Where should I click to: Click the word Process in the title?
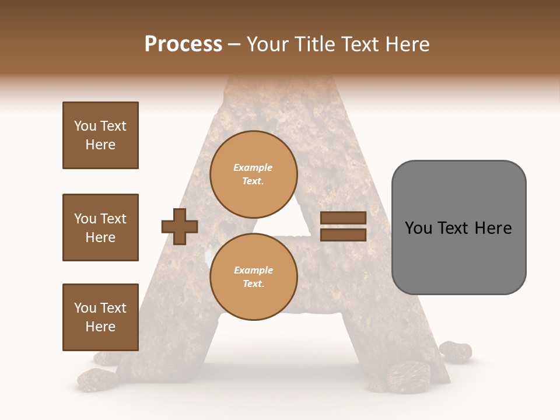[x=183, y=44]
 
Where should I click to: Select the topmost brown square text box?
[x=100, y=135]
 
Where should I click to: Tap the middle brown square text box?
[x=100, y=228]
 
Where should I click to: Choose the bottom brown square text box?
[x=100, y=317]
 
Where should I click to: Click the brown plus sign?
[x=180, y=226]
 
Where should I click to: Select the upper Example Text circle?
[x=253, y=174]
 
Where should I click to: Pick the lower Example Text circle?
[x=253, y=276]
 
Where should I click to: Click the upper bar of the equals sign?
[x=343, y=218]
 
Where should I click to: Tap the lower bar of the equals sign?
[x=343, y=235]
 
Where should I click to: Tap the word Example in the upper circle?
[x=253, y=167]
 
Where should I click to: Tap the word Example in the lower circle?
[x=253, y=270]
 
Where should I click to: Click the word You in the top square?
[x=85, y=126]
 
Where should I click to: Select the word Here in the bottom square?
[x=100, y=327]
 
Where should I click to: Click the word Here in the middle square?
[x=100, y=237]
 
